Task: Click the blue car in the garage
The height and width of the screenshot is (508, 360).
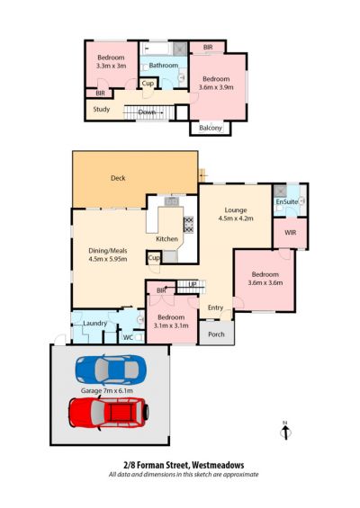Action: (111, 370)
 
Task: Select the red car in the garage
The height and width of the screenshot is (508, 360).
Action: (109, 413)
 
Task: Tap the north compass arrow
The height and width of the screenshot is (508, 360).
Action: (285, 432)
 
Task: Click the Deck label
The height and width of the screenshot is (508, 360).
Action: (118, 178)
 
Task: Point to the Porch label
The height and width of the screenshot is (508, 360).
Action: (216, 334)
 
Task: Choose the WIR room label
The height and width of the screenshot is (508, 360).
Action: (291, 233)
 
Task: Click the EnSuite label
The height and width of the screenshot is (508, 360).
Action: (287, 201)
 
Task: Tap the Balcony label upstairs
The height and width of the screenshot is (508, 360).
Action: (211, 128)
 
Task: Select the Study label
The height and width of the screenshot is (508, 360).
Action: (102, 109)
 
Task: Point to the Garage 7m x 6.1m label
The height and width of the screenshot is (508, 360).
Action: (107, 391)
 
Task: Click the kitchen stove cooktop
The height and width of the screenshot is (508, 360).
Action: (188, 225)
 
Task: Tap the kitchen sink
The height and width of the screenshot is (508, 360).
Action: (172, 201)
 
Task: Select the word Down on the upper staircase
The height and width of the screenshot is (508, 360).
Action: (147, 112)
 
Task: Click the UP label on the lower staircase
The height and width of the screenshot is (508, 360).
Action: (193, 284)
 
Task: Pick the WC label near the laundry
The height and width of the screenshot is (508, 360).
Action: (128, 337)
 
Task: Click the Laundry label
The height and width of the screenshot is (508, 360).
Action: (95, 324)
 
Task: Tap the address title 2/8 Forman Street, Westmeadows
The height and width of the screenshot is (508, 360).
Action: (184, 465)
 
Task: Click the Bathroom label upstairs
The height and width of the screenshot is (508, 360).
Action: (164, 66)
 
